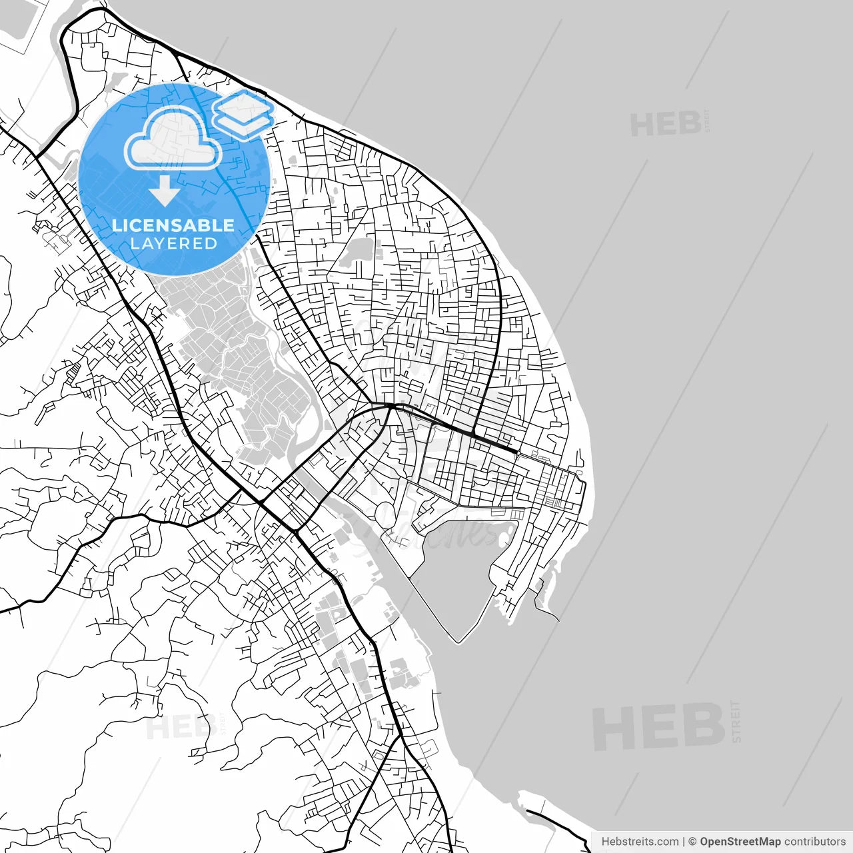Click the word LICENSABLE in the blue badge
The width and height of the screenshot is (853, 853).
173,225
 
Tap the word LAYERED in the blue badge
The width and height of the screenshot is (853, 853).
173,244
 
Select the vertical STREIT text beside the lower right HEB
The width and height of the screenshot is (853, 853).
736,721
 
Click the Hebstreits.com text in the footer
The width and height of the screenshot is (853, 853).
640,842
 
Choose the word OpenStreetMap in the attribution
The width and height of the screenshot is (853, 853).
740,842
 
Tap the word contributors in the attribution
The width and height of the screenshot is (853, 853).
814,842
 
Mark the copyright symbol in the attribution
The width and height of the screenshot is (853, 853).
692,842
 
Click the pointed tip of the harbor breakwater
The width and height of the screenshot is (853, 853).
458,642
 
